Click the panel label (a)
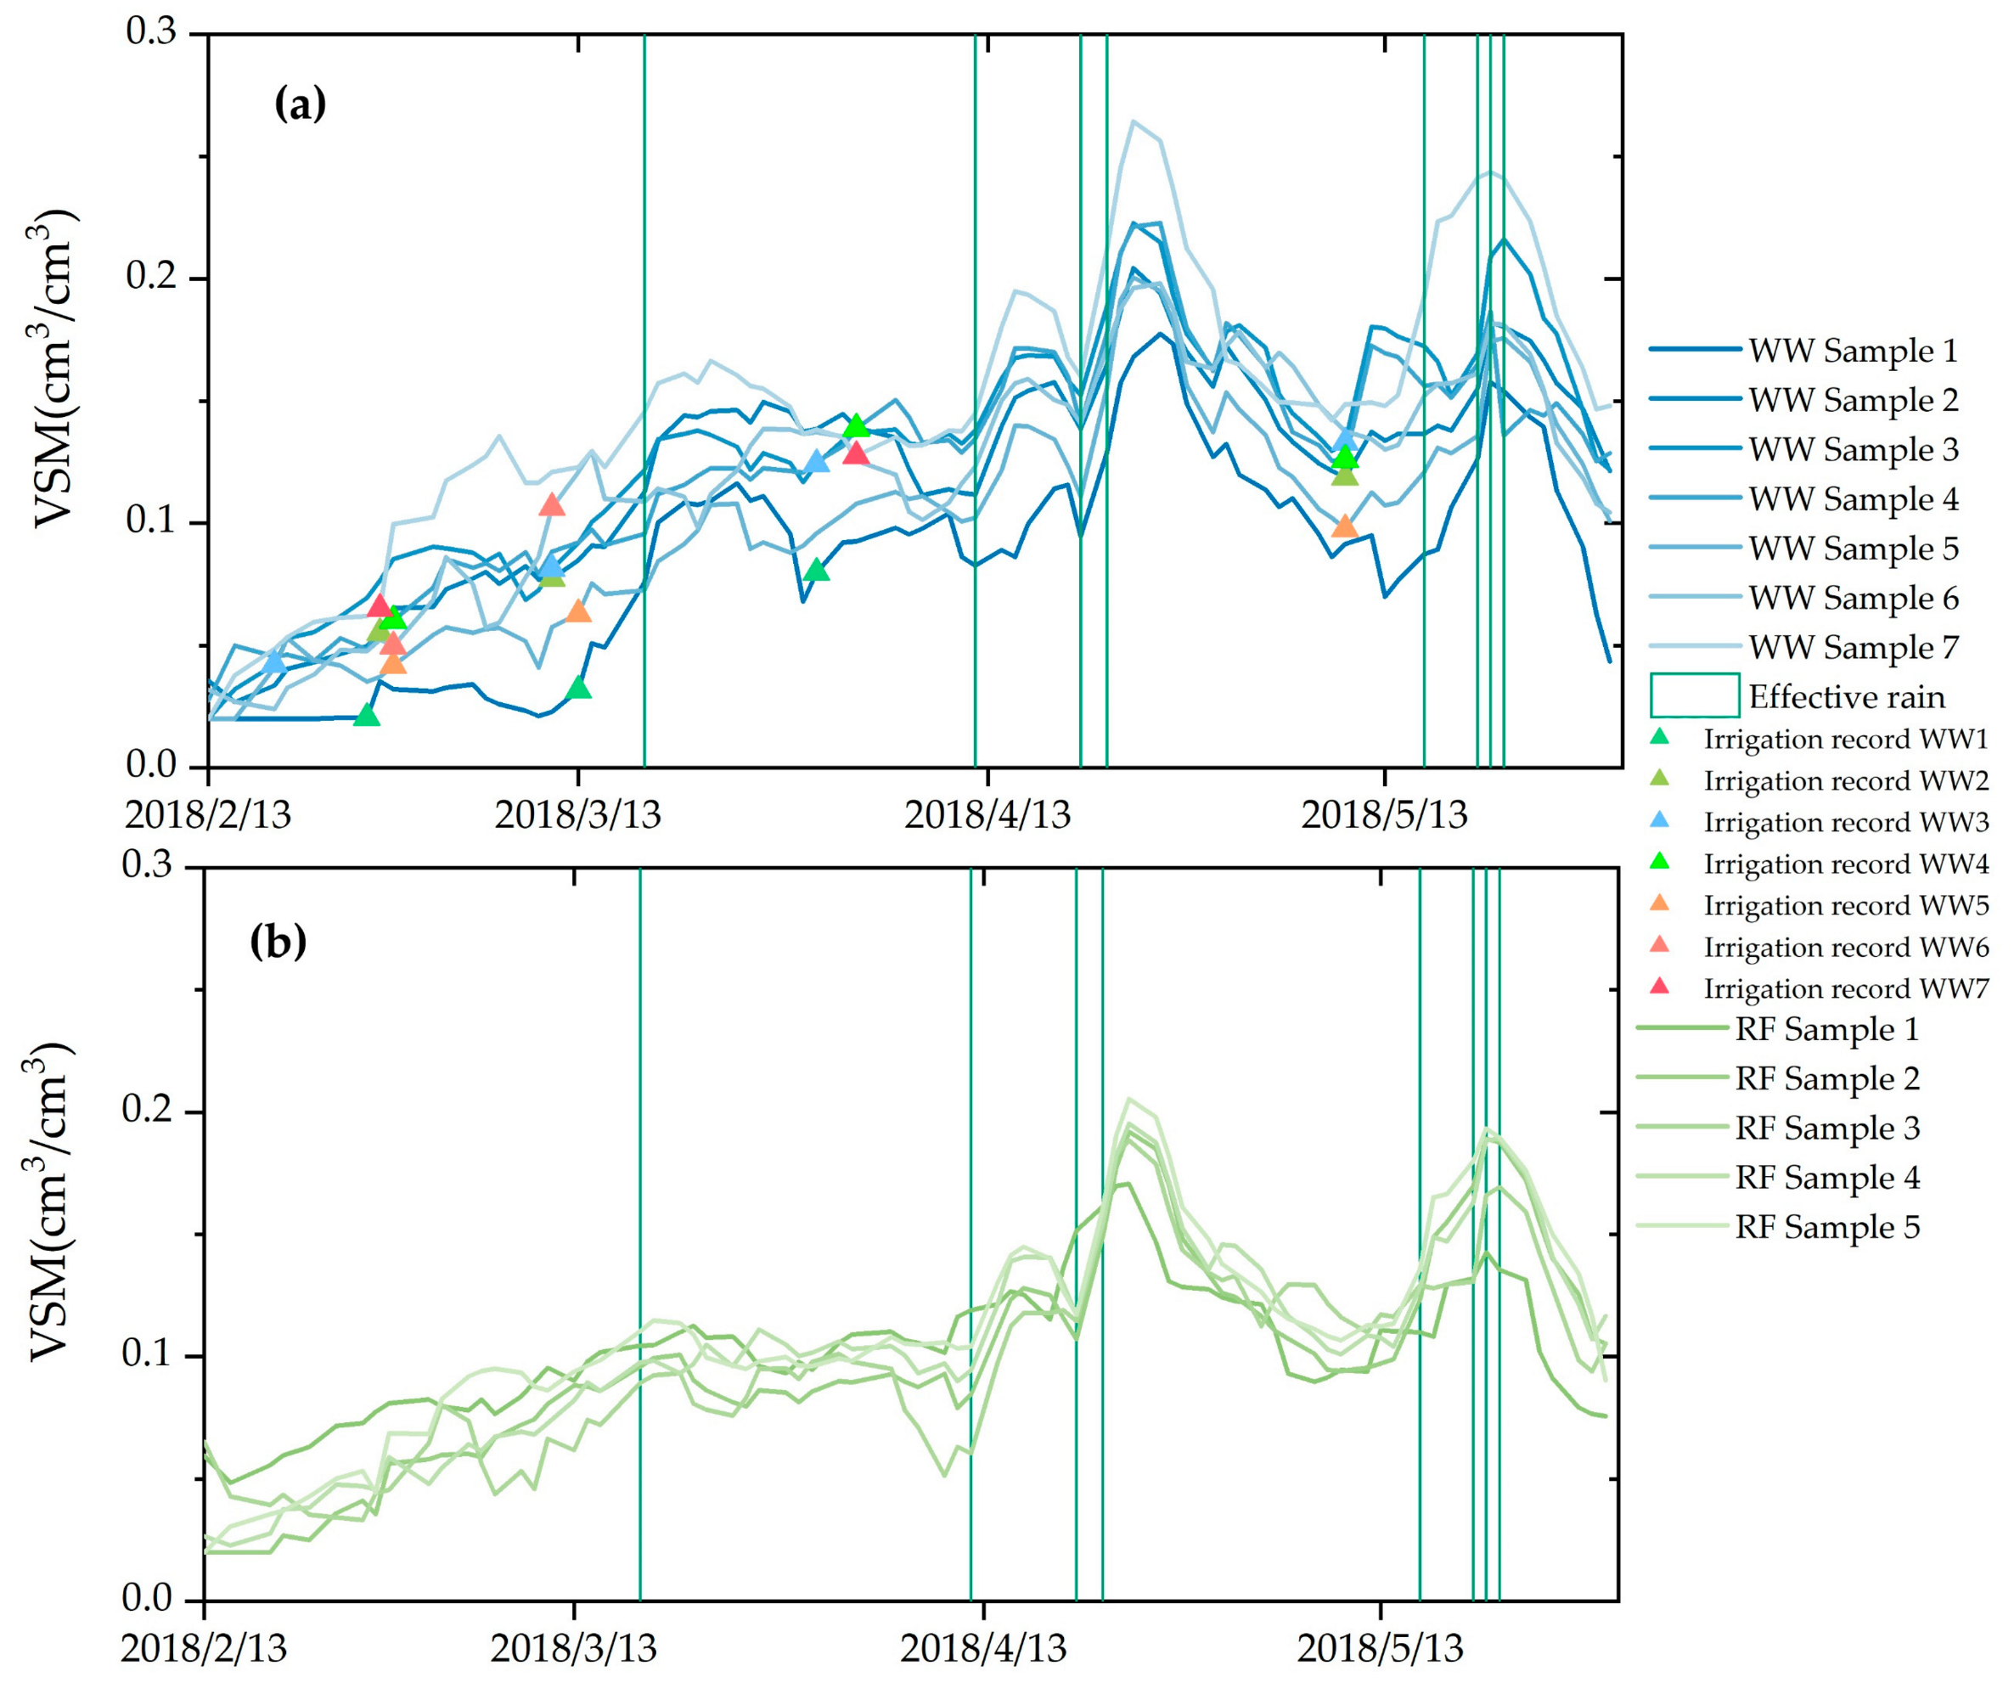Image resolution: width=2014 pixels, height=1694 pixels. [x=300, y=104]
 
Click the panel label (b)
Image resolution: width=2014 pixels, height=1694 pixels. [x=278, y=942]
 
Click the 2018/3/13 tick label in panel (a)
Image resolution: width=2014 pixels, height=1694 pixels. [x=577, y=815]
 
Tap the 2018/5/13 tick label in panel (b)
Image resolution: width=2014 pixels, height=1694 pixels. [x=1379, y=1650]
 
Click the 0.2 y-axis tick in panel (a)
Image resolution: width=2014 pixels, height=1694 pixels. [x=154, y=279]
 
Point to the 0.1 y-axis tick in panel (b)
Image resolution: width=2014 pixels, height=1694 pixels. [x=149, y=1356]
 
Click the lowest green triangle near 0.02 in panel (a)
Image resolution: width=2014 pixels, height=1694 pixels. [x=367, y=716]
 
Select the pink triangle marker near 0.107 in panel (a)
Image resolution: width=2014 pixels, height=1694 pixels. [x=551, y=505]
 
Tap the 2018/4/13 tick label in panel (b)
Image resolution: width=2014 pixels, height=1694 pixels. [x=982, y=1650]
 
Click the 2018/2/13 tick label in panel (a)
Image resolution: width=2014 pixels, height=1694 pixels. [x=207, y=815]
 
